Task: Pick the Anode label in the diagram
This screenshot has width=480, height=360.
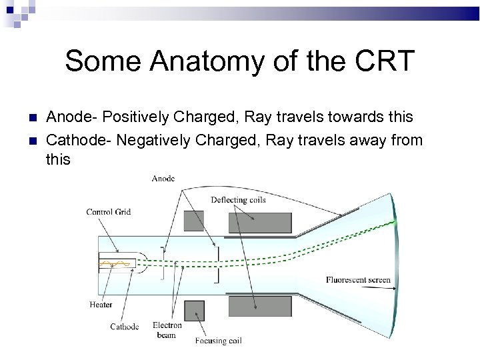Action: coord(163,178)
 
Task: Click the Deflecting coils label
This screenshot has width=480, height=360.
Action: coord(238,199)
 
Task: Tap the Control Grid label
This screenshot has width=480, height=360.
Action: coord(108,212)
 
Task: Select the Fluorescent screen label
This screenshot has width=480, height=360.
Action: coord(358,280)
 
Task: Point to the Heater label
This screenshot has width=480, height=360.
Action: coord(101,305)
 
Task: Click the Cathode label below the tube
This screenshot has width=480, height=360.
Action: coord(125,327)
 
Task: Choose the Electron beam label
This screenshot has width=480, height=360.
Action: coord(167,330)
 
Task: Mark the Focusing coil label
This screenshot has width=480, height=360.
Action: coord(218,341)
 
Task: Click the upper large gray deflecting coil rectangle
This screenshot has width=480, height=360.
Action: coord(260,223)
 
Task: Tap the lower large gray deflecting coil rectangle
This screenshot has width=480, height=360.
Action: coord(260,307)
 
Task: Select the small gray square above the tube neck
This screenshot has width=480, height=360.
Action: coord(193,221)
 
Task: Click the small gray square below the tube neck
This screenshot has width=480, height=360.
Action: coord(193,311)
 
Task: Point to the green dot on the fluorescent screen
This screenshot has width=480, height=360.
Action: coord(395,221)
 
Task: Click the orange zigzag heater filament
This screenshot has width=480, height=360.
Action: coord(115,264)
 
